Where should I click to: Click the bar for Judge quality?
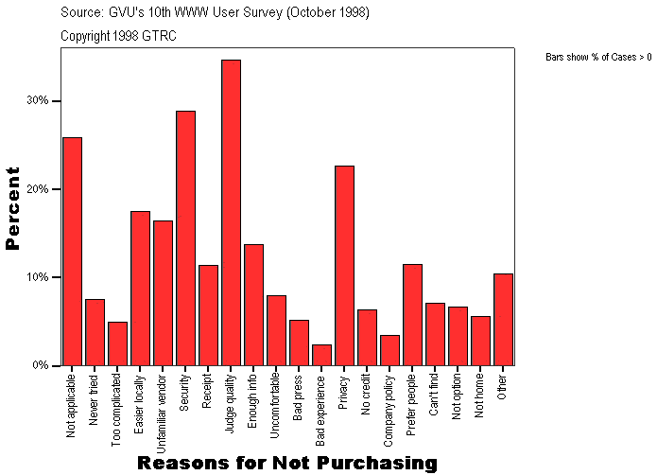tap(231, 213)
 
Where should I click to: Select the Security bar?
tap(185, 238)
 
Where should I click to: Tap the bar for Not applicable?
tap(72, 252)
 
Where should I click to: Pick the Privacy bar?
tap(344, 266)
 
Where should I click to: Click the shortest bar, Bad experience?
tap(321, 355)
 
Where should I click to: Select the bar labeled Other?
tap(503, 320)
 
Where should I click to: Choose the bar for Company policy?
tap(389, 350)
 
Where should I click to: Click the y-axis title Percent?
tap(13, 208)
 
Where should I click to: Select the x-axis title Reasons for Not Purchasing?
tap(287, 463)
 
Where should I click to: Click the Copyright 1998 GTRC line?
tap(118, 36)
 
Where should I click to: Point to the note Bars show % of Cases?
tap(597, 58)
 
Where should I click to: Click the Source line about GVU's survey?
tap(214, 13)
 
